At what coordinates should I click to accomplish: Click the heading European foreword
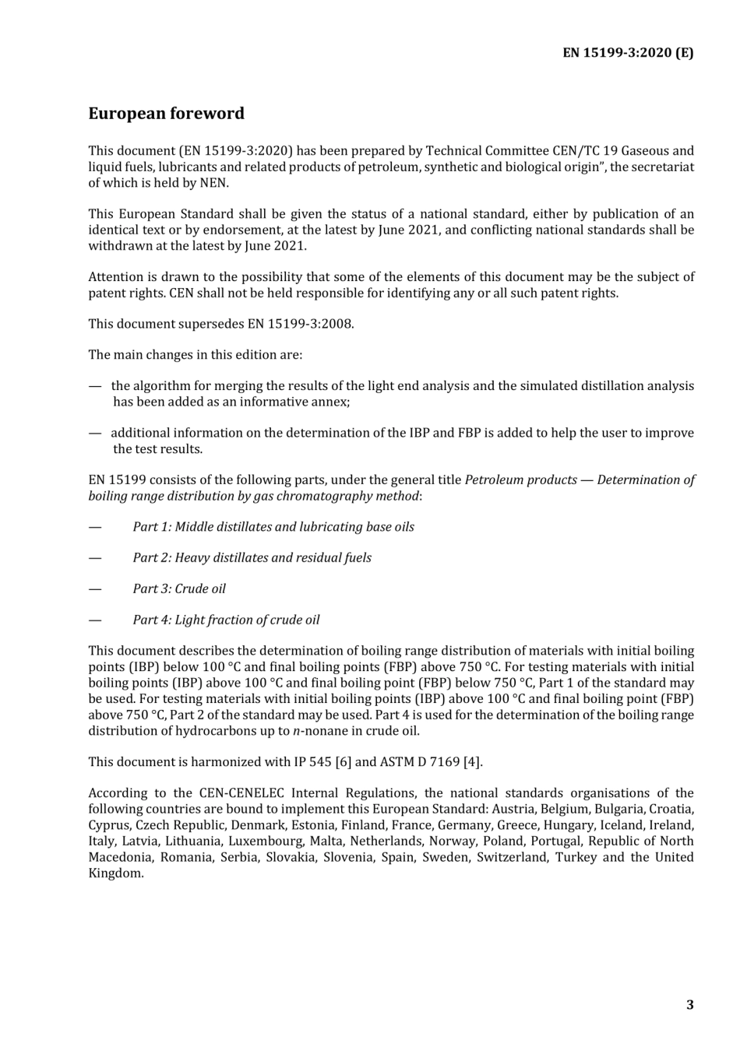tap(166, 114)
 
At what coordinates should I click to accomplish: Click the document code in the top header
tap(628, 53)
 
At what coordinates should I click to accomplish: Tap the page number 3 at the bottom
tap(689, 1004)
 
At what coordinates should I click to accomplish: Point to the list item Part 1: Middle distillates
tap(273, 527)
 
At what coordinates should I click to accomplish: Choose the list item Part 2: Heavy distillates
tap(252, 558)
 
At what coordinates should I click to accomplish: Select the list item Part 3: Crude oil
tap(179, 589)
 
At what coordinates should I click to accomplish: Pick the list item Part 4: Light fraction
tap(226, 620)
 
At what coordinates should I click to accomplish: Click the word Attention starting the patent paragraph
tap(116, 277)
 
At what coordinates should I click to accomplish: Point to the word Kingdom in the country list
tap(115, 873)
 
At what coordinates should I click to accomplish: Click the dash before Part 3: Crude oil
tap(95, 589)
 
